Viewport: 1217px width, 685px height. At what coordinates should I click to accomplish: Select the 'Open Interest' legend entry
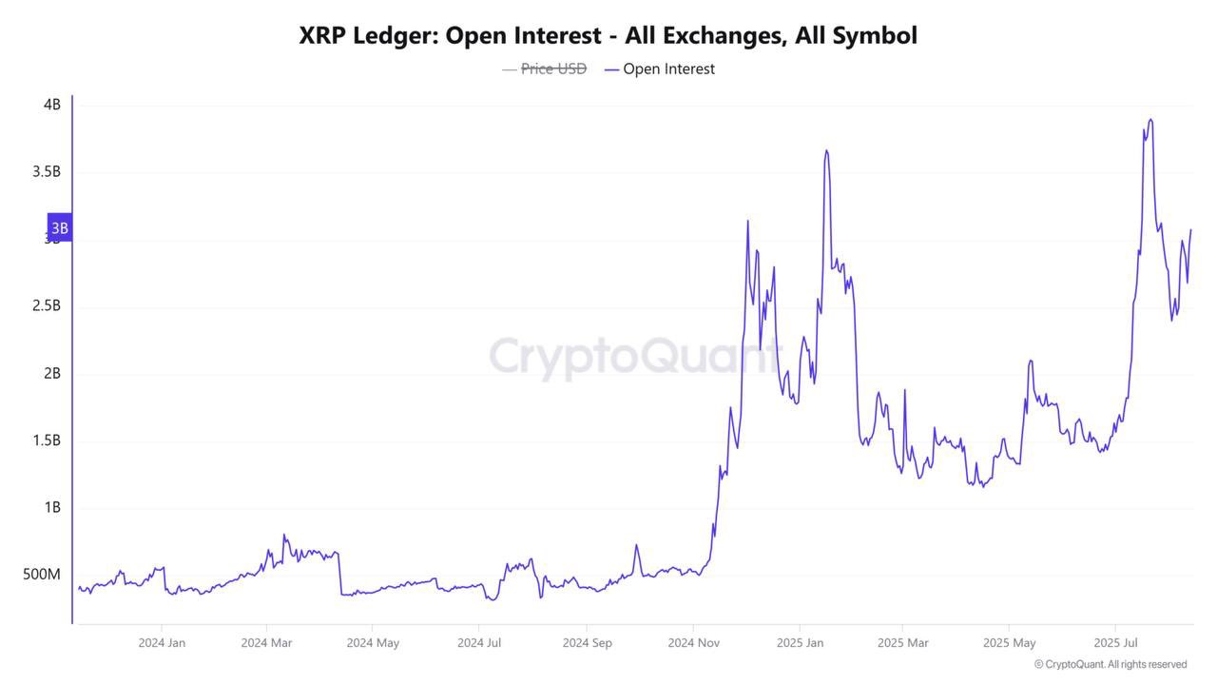pyautogui.click(x=667, y=68)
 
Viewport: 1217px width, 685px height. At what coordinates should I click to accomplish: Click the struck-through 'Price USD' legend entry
pyautogui.click(x=552, y=68)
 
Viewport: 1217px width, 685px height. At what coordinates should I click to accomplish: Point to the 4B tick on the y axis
pyautogui.click(x=51, y=105)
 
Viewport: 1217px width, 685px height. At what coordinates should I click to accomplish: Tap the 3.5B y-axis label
pyautogui.click(x=46, y=172)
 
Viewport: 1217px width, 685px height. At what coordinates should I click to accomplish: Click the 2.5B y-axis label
pyautogui.click(x=46, y=306)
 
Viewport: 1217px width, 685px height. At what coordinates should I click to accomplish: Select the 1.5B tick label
pyautogui.click(x=46, y=440)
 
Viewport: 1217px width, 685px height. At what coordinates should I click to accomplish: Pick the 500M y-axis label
pyautogui.click(x=42, y=575)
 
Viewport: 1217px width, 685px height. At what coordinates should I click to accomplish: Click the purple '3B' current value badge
pyautogui.click(x=59, y=228)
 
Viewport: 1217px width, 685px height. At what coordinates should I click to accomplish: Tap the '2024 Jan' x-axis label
pyautogui.click(x=162, y=643)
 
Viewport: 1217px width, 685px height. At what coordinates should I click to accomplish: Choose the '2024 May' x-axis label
pyautogui.click(x=373, y=643)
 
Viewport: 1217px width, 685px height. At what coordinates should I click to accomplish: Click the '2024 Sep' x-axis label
pyautogui.click(x=587, y=643)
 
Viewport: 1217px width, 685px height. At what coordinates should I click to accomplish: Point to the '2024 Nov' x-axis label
pyautogui.click(x=693, y=643)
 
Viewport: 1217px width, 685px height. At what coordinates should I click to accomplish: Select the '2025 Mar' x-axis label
pyautogui.click(x=903, y=643)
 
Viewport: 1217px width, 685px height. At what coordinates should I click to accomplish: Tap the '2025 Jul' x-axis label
pyautogui.click(x=1117, y=643)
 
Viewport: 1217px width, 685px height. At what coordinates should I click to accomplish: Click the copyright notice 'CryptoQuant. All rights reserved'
pyautogui.click(x=1115, y=664)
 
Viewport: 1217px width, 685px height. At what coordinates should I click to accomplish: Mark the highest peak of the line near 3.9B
pyautogui.click(x=1150, y=120)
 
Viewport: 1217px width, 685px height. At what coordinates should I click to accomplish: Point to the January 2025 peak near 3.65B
pyautogui.click(x=826, y=150)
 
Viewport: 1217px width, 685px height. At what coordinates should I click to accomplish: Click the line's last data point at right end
pyautogui.click(x=1190, y=229)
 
